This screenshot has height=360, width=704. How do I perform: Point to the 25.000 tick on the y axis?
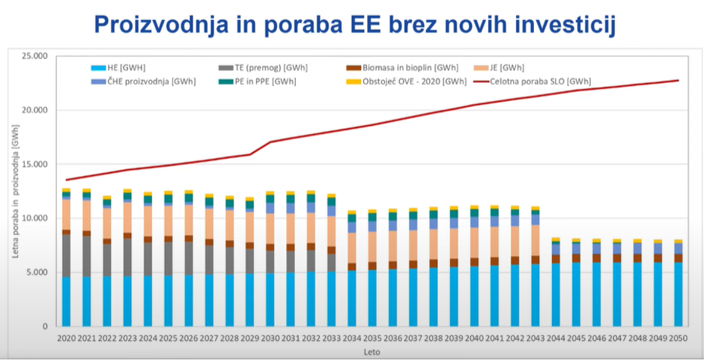click(34, 56)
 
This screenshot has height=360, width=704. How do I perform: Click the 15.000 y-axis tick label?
click(34, 165)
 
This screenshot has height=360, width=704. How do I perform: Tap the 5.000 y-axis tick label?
click(37, 272)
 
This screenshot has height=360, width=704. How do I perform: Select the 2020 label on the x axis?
click(67, 338)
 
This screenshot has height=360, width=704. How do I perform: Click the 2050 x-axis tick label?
click(678, 338)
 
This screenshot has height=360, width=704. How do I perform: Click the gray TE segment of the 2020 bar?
click(67, 255)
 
